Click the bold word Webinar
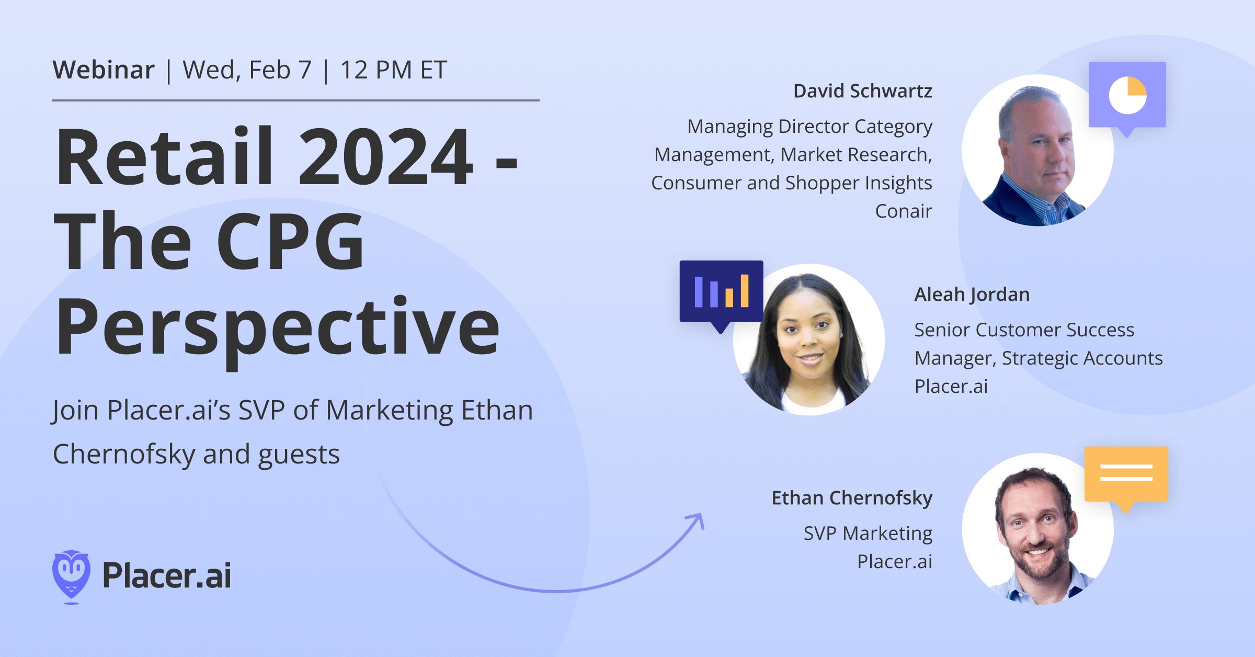104,70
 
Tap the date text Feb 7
280,70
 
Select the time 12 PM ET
393,70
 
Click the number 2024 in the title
385,157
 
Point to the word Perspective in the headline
277,327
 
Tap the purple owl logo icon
71,575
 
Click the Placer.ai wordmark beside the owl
166,575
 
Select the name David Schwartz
862,91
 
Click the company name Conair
903,211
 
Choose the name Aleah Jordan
972,294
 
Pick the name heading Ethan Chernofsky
852,498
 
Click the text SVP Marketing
868,534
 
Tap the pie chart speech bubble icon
1127,95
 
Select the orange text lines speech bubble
1126,474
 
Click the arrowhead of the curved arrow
699,519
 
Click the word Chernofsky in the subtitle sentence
124,454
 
